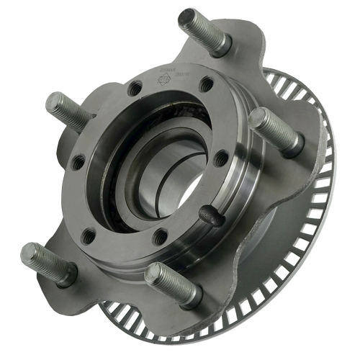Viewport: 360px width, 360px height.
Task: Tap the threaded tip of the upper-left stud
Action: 53,103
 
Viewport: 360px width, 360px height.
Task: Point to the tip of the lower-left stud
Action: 29,253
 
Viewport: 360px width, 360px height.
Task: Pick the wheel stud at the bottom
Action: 170,285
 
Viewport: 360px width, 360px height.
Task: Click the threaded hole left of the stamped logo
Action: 135,90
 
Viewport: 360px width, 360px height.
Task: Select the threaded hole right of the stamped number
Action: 207,83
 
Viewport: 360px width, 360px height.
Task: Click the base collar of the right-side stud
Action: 292,148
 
